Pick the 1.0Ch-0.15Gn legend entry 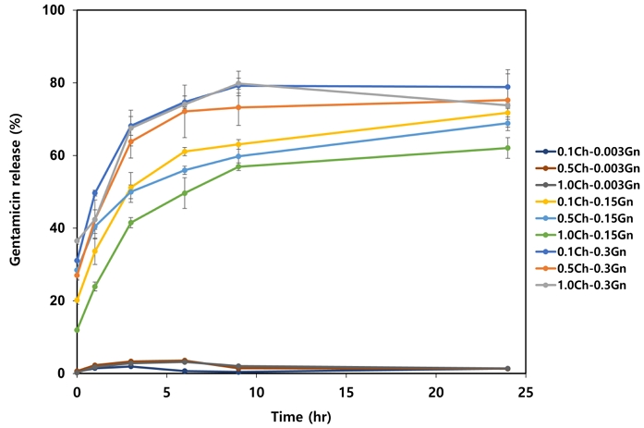click(x=586, y=235)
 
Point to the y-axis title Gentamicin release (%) click(x=16, y=191)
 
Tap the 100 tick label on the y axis click(x=57, y=10)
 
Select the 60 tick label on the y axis click(x=61, y=155)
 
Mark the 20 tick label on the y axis click(x=61, y=300)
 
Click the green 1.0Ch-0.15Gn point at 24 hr click(x=507, y=148)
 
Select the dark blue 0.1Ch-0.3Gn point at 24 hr click(x=507, y=87)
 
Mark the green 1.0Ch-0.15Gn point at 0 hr click(x=77, y=329)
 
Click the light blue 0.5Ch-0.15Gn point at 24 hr click(x=507, y=123)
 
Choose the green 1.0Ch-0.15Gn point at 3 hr click(x=131, y=223)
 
